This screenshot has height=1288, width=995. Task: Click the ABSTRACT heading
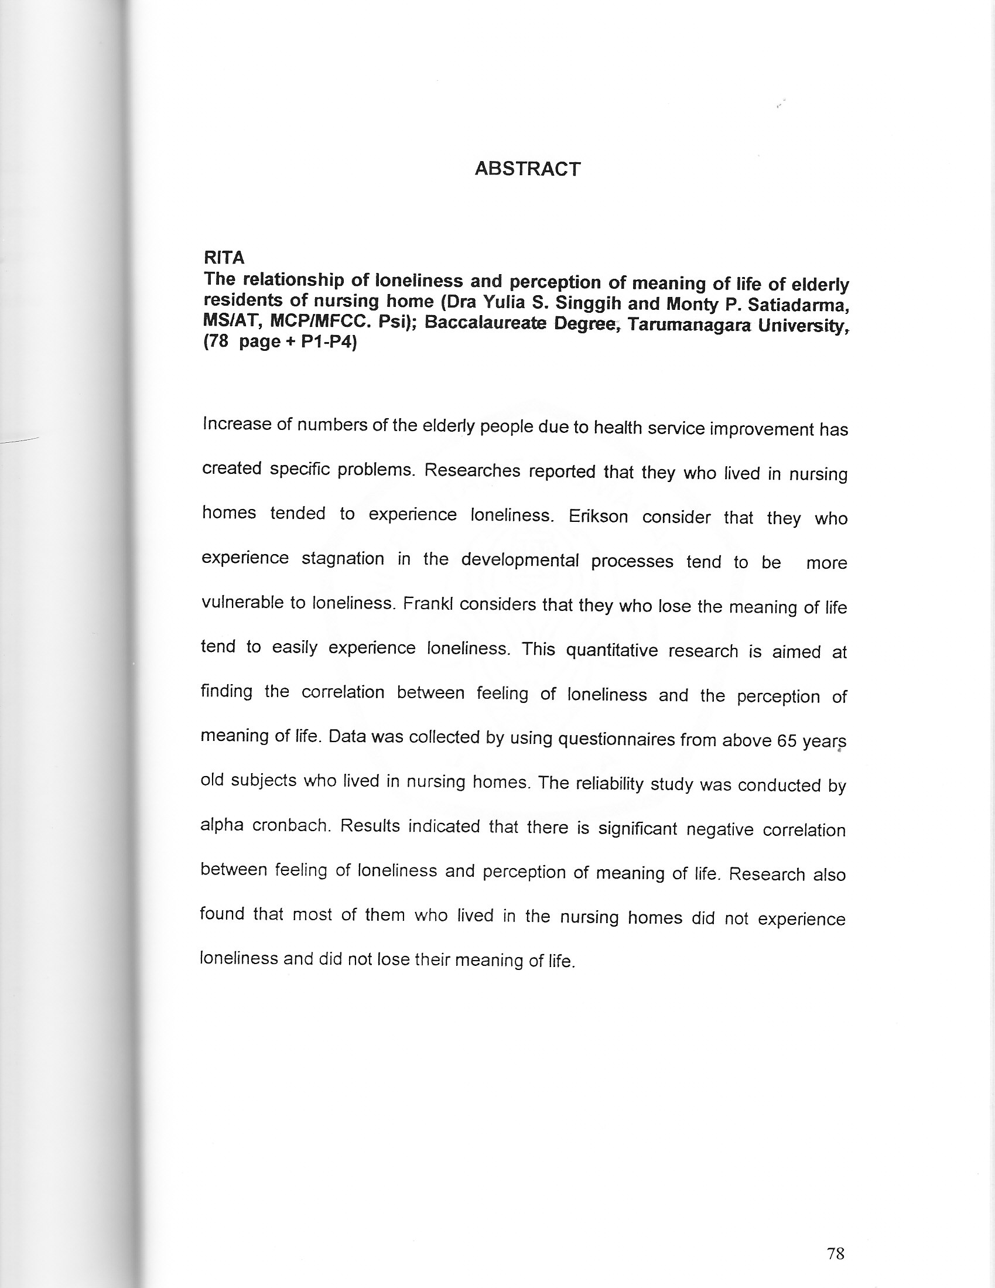point(527,169)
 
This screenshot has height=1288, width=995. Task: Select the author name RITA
point(224,258)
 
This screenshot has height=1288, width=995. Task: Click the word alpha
point(223,824)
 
